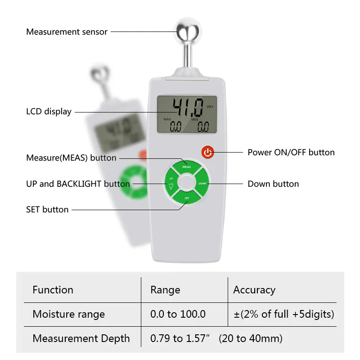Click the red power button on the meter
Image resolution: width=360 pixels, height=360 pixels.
click(x=207, y=152)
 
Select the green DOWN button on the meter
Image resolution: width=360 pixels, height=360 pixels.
click(x=202, y=184)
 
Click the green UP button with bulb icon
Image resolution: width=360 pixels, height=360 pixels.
click(x=171, y=184)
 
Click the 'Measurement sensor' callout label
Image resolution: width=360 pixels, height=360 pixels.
click(x=67, y=32)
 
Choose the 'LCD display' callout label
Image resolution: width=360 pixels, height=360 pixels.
click(x=49, y=112)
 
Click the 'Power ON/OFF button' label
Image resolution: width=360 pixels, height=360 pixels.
click(x=291, y=153)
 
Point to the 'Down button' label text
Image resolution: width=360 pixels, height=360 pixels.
click(x=273, y=184)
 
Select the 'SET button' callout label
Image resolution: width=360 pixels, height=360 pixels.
click(x=47, y=210)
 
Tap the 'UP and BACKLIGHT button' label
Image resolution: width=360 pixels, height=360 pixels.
click(x=78, y=184)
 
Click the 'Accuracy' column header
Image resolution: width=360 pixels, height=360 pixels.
click(x=254, y=290)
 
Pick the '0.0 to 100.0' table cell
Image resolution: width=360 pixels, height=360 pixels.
click(x=178, y=314)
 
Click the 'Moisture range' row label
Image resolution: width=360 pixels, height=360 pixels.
click(x=68, y=314)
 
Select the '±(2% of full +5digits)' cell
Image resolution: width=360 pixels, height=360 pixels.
click(x=283, y=314)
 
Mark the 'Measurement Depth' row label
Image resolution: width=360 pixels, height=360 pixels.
click(x=81, y=338)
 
